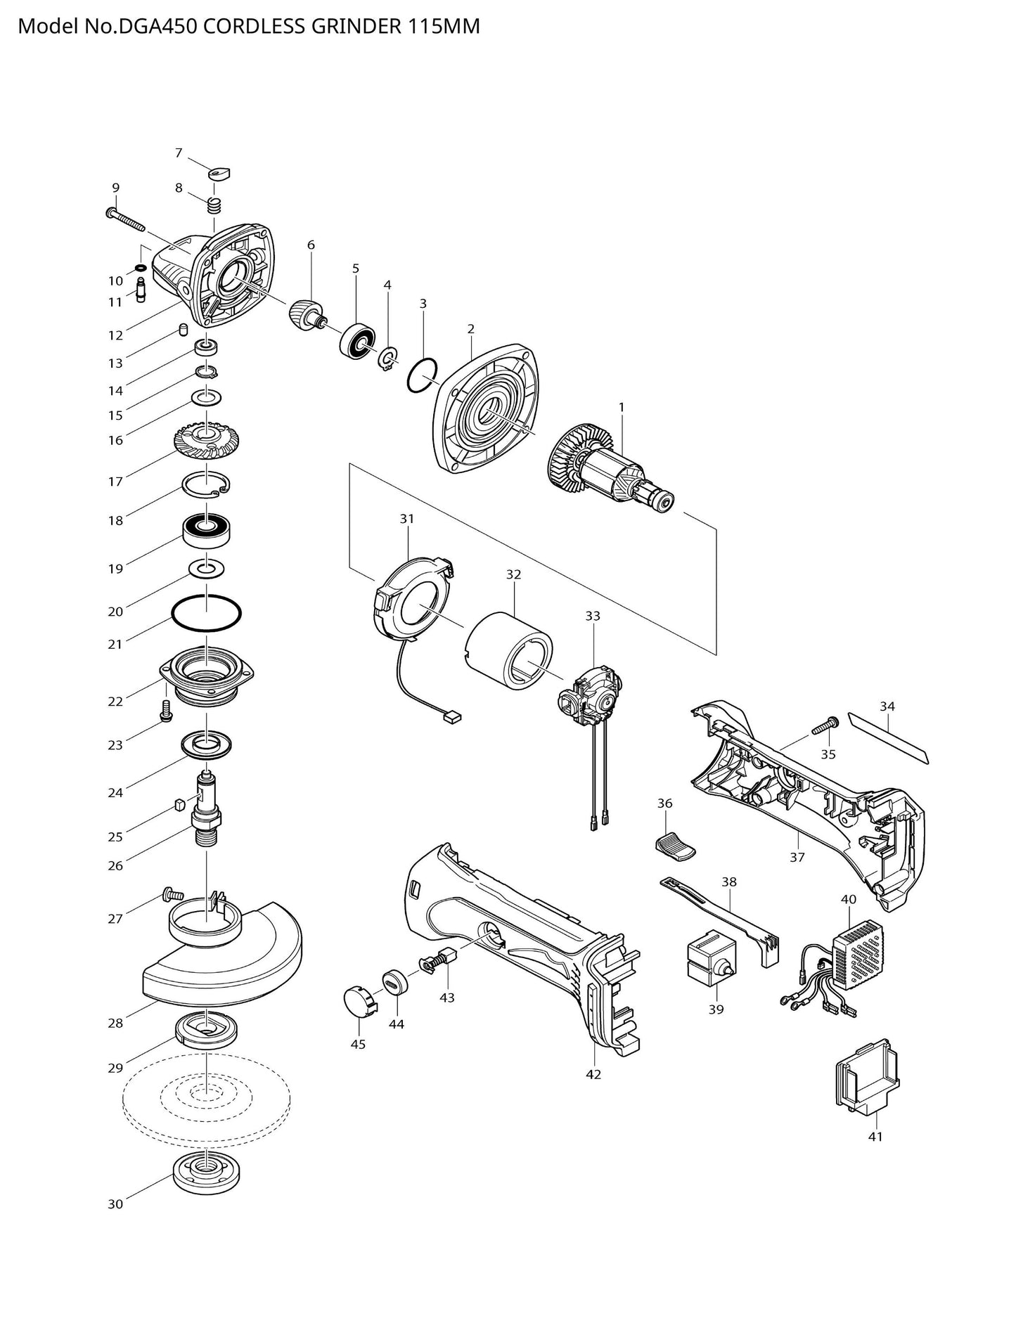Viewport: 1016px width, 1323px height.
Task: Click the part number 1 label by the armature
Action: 621,407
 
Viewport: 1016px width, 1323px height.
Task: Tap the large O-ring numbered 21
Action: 207,615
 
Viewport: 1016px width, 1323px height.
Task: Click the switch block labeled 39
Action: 709,960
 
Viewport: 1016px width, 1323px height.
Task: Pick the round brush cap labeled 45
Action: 359,1002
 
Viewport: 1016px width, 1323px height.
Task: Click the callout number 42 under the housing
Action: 593,1074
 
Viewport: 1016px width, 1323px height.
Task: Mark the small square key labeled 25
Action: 178,804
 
